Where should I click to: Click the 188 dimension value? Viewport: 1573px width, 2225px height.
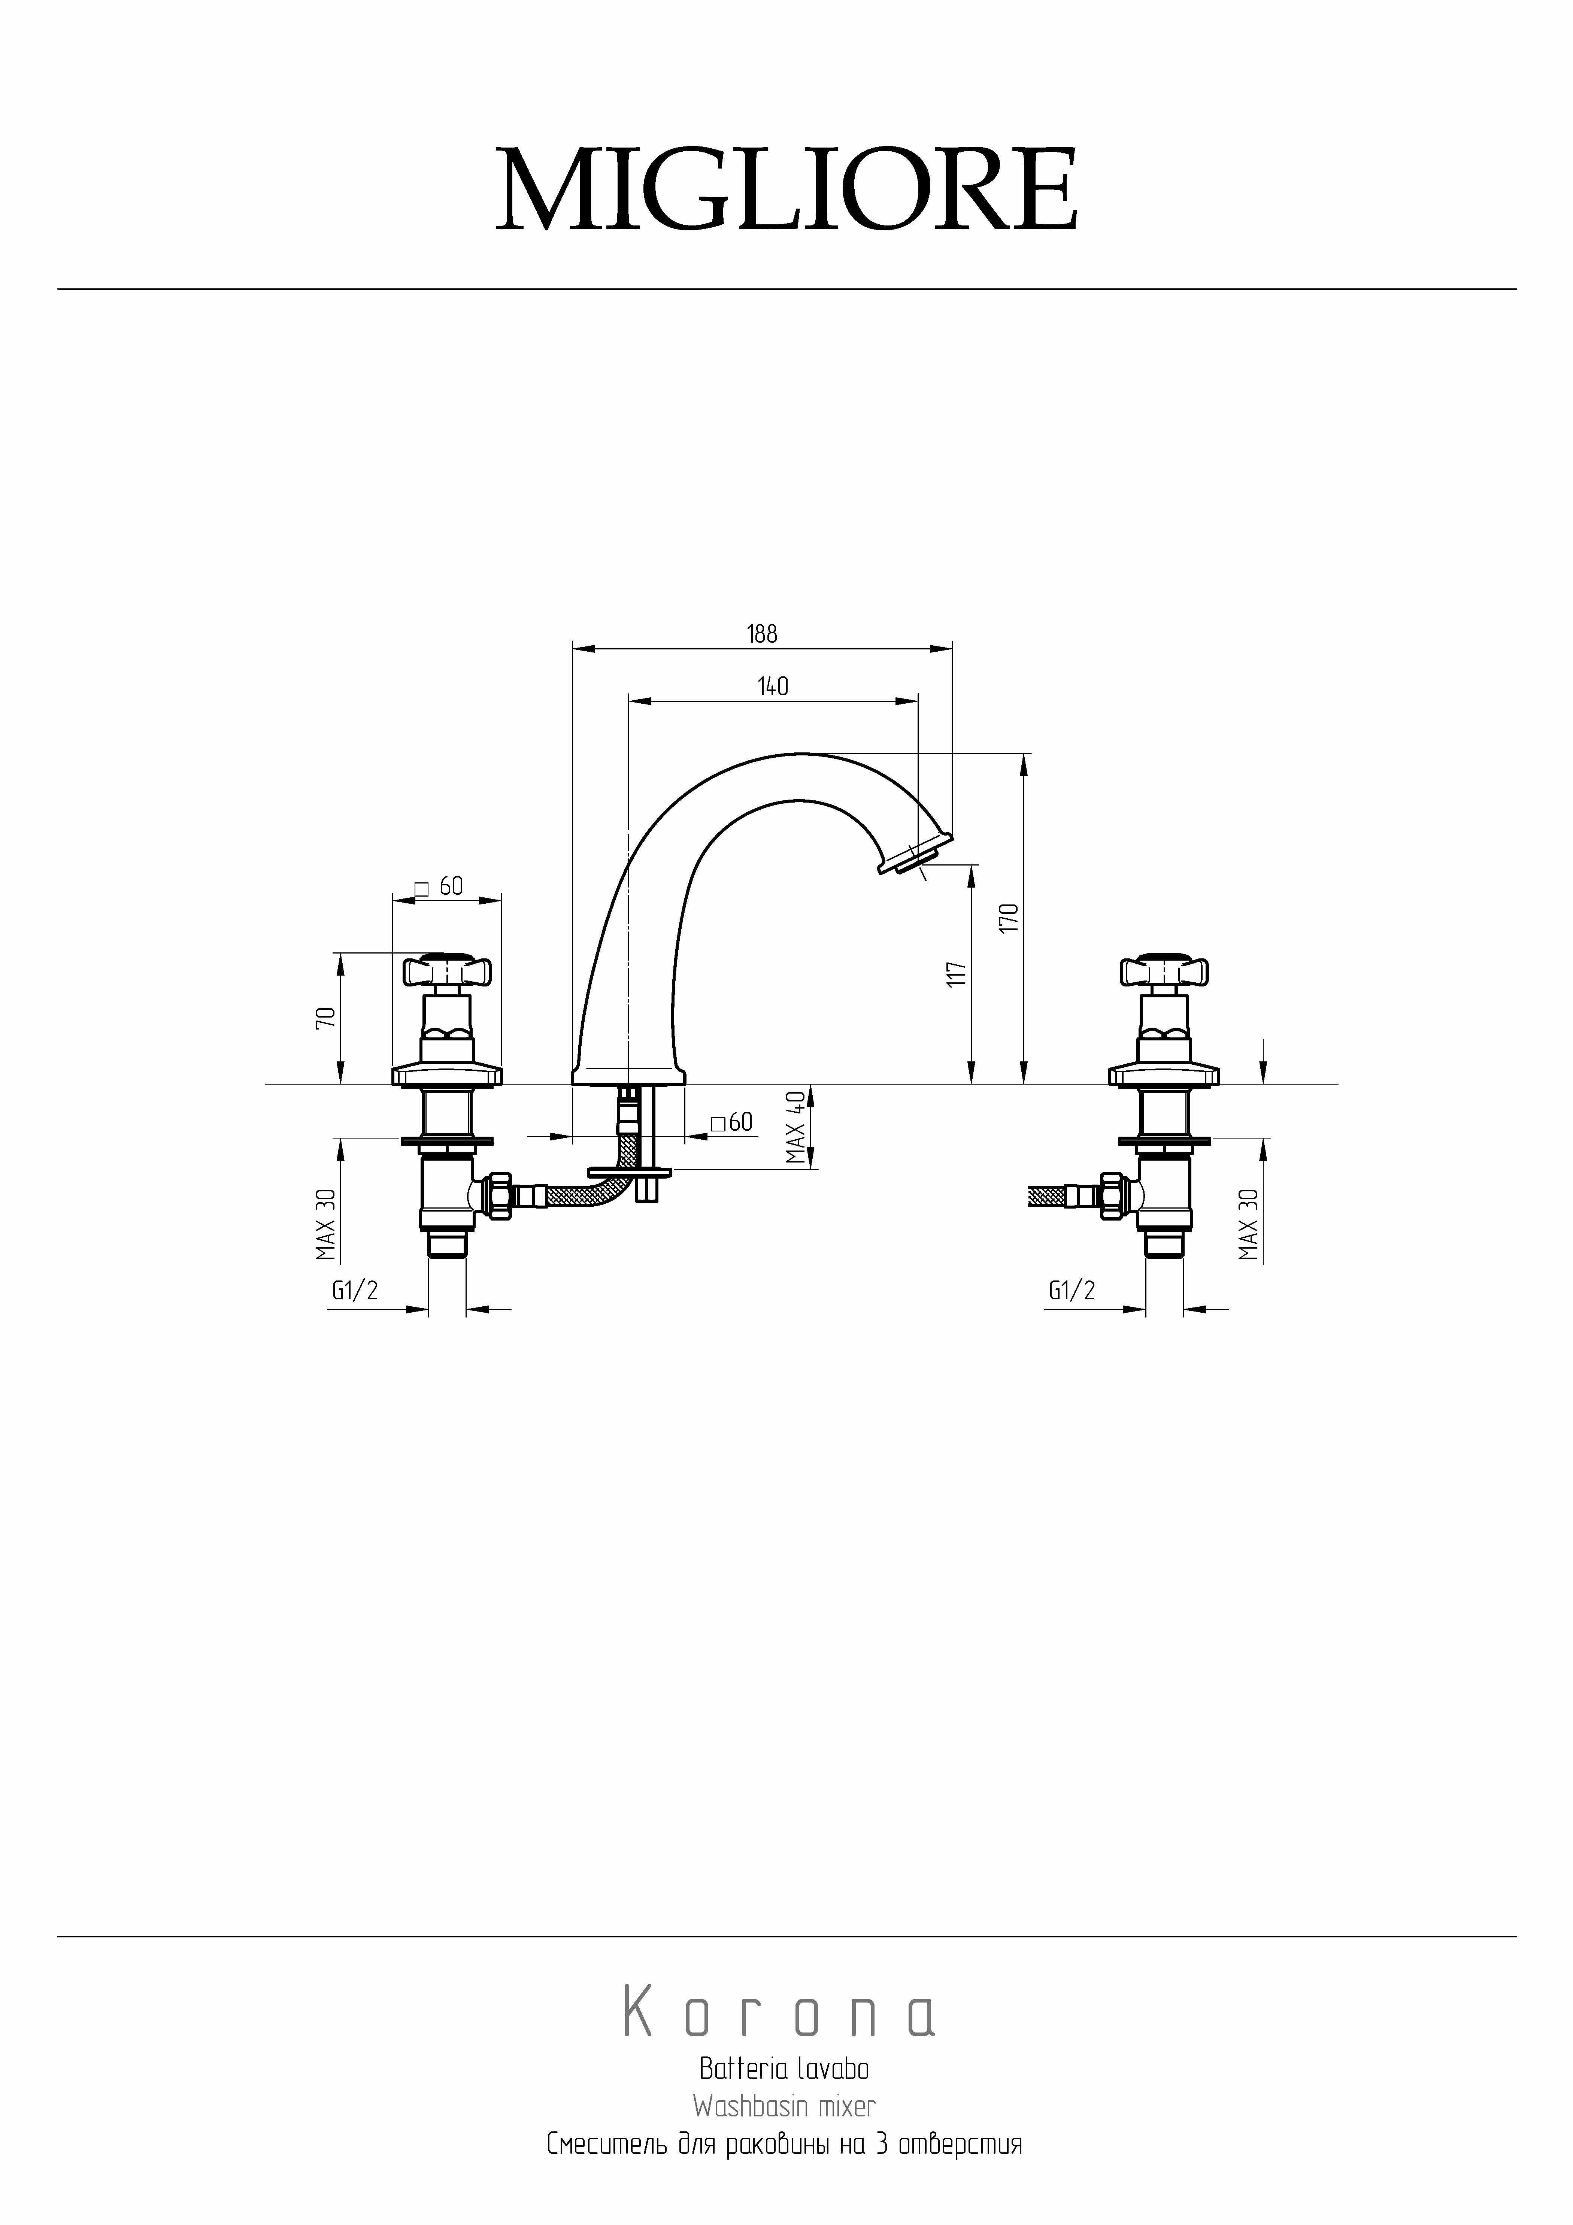click(762, 634)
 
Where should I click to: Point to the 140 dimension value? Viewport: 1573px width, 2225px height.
click(772, 686)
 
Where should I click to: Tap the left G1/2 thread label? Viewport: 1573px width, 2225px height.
click(355, 1291)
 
